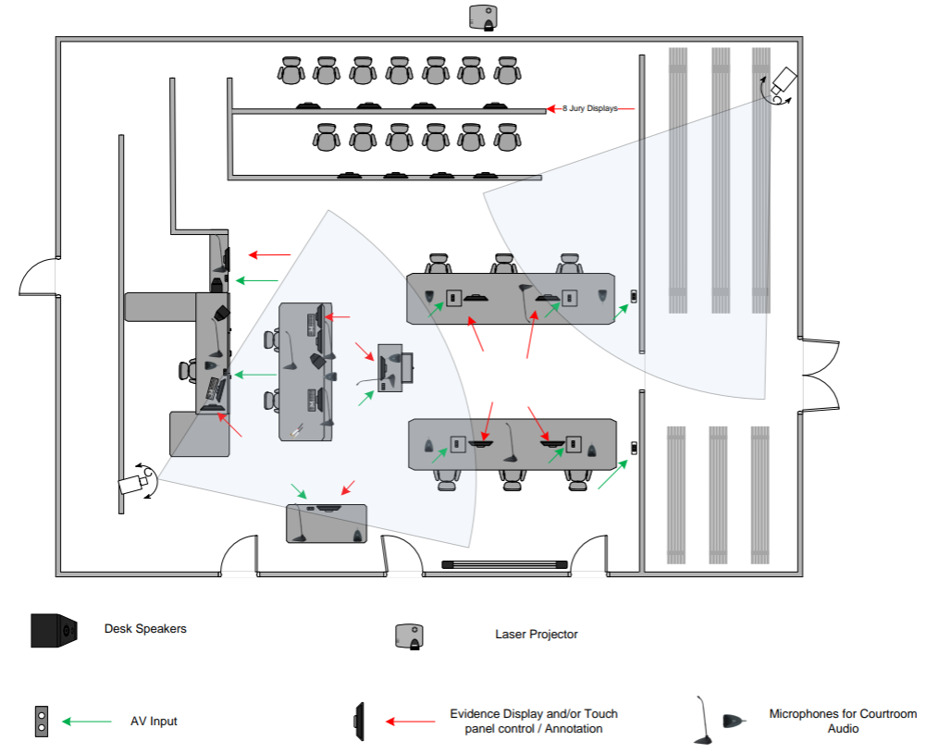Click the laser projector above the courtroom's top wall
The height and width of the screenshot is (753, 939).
tap(485, 17)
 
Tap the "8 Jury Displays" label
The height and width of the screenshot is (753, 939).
tap(589, 109)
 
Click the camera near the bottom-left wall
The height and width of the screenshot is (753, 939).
tap(134, 483)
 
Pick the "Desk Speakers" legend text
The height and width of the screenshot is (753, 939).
tap(145, 629)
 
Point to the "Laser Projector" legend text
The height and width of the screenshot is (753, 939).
tap(537, 635)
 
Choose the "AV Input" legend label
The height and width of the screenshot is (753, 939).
tap(154, 721)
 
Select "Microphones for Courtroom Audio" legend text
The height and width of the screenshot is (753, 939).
tap(843, 721)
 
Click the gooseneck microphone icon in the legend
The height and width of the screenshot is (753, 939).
tap(702, 721)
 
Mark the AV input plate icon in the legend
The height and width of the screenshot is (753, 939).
tap(42, 722)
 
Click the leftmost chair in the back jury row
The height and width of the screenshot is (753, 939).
tap(291, 70)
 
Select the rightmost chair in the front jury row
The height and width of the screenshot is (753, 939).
tap(505, 138)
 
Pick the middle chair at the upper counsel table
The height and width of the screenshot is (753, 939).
tap(504, 264)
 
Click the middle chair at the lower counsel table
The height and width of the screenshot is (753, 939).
tap(512, 477)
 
